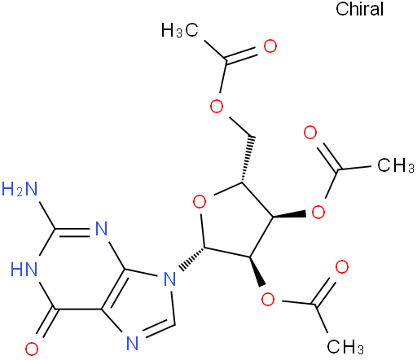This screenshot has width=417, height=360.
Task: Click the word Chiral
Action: [x=360, y=9]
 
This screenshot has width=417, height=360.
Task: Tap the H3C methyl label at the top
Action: [x=180, y=29]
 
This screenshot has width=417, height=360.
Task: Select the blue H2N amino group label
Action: [x=20, y=189]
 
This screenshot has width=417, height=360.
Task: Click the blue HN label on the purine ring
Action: [x=24, y=270]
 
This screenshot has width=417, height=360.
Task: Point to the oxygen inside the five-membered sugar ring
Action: [x=200, y=202]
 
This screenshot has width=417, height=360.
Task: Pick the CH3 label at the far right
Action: [x=396, y=165]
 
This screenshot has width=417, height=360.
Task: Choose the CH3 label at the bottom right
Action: [x=345, y=346]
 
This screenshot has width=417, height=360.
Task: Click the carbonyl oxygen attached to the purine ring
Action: [x=32, y=349]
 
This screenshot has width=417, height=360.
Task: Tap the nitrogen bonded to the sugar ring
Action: [x=169, y=279]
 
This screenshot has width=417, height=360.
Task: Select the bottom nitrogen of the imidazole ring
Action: [x=133, y=344]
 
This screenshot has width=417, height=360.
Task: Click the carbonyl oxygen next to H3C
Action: [x=270, y=46]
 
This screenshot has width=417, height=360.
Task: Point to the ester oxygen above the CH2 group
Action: [x=217, y=106]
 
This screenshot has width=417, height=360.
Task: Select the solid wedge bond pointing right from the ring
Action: [x=290, y=215]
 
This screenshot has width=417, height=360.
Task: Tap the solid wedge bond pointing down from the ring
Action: [x=257, y=271]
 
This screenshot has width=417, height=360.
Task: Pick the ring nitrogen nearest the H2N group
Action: [x=102, y=229]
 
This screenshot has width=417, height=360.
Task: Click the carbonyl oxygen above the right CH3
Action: [x=310, y=133]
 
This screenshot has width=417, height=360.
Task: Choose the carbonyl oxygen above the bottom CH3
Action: [x=342, y=266]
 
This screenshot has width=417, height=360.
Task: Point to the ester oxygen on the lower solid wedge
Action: [x=268, y=299]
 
